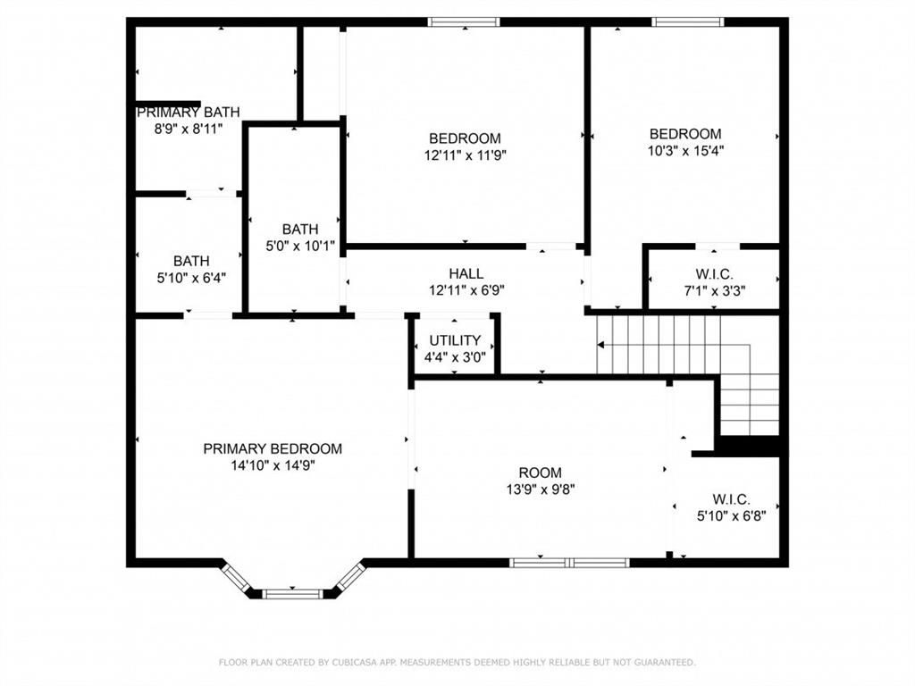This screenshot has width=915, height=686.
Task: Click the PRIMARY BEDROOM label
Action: pyautogui.click(x=273, y=448)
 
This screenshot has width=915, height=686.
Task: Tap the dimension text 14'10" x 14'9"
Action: pyautogui.click(x=273, y=465)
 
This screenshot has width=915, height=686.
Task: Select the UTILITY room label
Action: pyautogui.click(x=455, y=340)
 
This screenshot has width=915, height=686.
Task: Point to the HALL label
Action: pyautogui.click(x=466, y=273)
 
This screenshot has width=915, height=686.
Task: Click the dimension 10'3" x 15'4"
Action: pyautogui.click(x=685, y=150)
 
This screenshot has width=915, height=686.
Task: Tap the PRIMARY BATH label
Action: pyautogui.click(x=188, y=112)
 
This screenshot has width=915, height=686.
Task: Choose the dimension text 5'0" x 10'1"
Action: pyautogui.click(x=300, y=247)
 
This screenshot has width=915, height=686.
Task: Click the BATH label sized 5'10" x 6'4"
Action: pyautogui.click(x=191, y=261)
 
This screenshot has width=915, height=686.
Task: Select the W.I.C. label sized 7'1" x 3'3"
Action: pyautogui.click(x=714, y=273)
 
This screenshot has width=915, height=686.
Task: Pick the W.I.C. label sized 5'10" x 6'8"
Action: pyautogui.click(x=731, y=499)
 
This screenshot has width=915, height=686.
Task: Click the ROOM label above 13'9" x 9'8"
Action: pyautogui.click(x=541, y=473)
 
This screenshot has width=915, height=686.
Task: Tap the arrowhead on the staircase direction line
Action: pyautogui.click(x=600, y=346)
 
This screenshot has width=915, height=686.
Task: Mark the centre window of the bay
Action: pyautogui.click(x=292, y=594)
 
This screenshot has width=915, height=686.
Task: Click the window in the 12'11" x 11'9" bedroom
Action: pyautogui.click(x=464, y=22)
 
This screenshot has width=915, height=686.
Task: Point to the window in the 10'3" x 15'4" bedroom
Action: pyautogui.click(x=687, y=22)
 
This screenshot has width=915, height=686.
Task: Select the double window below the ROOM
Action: pyautogui.click(x=569, y=563)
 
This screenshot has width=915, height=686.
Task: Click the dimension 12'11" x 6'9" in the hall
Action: pyautogui.click(x=466, y=290)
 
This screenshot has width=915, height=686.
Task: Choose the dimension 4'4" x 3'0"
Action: pyautogui.click(x=455, y=357)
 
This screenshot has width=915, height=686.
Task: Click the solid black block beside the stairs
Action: pyautogui.click(x=750, y=446)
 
